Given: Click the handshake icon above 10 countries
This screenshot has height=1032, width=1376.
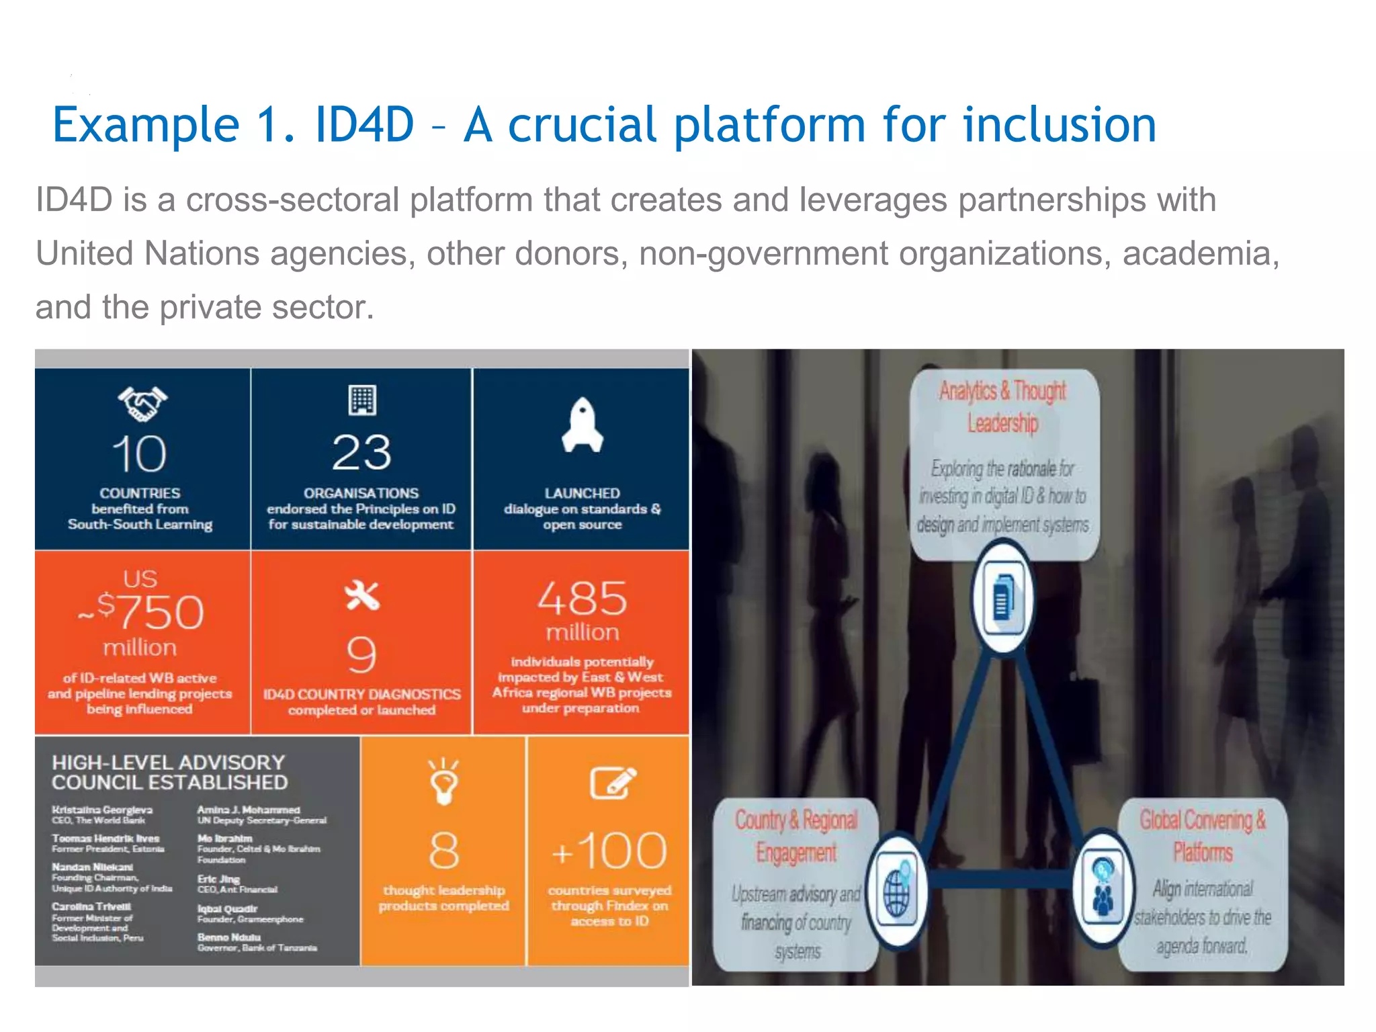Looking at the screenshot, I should (142, 404).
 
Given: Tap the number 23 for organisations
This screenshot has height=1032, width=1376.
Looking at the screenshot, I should (361, 453).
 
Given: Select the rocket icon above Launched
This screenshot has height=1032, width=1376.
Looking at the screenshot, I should (582, 425).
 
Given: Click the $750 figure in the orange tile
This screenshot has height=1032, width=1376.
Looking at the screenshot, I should (149, 611).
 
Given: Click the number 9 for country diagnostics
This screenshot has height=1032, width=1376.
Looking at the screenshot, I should (361, 654).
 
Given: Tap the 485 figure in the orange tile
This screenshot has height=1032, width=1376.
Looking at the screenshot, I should (582, 598).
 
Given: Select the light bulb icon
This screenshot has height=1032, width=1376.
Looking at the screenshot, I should (443, 781).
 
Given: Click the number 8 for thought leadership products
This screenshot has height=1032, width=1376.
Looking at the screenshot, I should (443, 851).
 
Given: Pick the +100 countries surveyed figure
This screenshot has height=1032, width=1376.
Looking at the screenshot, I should (609, 851).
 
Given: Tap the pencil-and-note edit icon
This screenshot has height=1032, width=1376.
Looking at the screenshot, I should (612, 783).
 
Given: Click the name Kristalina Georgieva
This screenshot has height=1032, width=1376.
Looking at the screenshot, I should (102, 810).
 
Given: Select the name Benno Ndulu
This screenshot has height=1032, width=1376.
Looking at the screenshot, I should (229, 937).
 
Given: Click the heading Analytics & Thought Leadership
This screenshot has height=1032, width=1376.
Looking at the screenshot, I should (1002, 406).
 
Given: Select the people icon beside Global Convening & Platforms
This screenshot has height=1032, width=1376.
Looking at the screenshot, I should (1103, 890).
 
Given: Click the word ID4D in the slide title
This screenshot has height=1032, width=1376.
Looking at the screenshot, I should (364, 125).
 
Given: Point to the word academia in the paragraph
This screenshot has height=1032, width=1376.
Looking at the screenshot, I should (1200, 254).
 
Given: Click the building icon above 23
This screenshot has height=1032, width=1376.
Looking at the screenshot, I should (362, 400).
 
